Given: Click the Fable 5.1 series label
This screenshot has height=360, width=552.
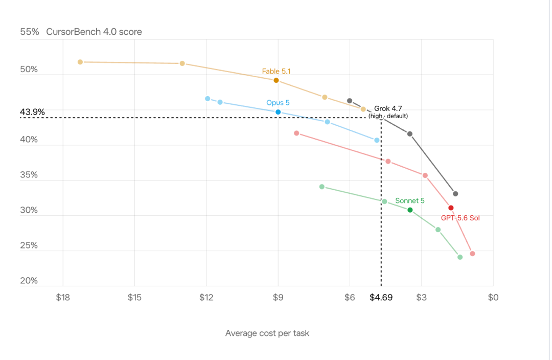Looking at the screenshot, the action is pyautogui.click(x=276, y=71).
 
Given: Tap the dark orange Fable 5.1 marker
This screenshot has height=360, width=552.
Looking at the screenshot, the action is pyautogui.click(x=277, y=80).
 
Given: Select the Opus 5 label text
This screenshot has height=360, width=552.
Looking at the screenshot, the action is pyautogui.click(x=278, y=102).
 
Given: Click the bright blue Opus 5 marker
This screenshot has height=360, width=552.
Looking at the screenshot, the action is pyautogui.click(x=278, y=112).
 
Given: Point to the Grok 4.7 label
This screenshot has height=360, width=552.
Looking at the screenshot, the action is pyautogui.click(x=388, y=108).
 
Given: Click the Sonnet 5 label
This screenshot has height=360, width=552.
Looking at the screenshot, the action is pyautogui.click(x=410, y=201).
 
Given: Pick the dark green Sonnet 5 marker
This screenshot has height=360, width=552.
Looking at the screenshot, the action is pyautogui.click(x=410, y=210).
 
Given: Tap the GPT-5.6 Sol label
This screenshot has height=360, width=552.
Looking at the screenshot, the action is pyautogui.click(x=460, y=218).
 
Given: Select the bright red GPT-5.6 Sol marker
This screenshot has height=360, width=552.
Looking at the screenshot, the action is pyautogui.click(x=451, y=208).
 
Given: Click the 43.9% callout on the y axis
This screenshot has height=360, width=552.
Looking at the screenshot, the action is pyautogui.click(x=32, y=112).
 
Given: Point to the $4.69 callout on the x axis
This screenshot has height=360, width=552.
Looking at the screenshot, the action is pyautogui.click(x=381, y=297).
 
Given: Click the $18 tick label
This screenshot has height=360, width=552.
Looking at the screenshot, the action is pyautogui.click(x=63, y=297).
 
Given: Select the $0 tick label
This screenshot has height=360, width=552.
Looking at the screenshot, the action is pyautogui.click(x=493, y=297).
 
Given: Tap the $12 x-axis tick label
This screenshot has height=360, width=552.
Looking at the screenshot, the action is pyautogui.click(x=206, y=297).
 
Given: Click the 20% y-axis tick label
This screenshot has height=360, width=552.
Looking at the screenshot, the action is pyautogui.click(x=29, y=281).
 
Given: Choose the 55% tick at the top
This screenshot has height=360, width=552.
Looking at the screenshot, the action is pyautogui.click(x=30, y=32).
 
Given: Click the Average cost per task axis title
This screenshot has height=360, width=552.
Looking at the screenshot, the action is pyautogui.click(x=267, y=333).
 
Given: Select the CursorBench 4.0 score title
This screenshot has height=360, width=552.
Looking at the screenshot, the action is pyautogui.click(x=94, y=32).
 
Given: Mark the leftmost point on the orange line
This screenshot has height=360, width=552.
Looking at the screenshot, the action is pyautogui.click(x=80, y=62).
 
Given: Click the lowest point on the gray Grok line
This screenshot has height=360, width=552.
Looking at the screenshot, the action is pyautogui.click(x=455, y=194).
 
